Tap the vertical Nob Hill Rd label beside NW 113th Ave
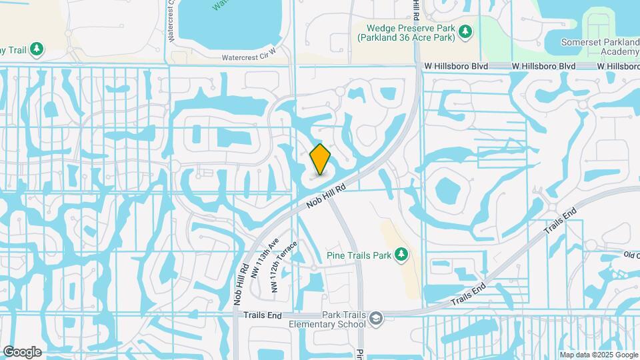click(x=241, y=283)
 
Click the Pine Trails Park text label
click(x=358, y=254)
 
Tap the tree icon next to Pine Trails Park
click(x=401, y=254)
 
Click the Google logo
click(x=22, y=351)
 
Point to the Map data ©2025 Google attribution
click(x=599, y=355)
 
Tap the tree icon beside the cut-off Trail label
click(x=38, y=49)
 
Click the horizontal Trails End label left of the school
click(x=259, y=315)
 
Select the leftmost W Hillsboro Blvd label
click(x=456, y=67)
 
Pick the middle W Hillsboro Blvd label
click(x=543, y=67)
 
